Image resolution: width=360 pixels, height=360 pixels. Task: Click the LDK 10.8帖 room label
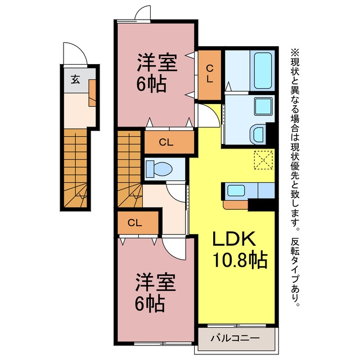point(240,249)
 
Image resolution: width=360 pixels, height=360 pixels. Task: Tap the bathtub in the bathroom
point(263,70)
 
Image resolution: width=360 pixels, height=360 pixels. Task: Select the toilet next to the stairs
point(159,169)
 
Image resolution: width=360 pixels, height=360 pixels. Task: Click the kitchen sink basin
point(236,191)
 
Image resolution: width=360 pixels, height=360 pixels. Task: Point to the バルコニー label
point(235,338)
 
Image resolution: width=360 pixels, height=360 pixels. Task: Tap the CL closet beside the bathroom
point(209,74)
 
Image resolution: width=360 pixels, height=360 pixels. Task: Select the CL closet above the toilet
point(169,142)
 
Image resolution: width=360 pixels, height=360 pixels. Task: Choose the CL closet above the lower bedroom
point(138,223)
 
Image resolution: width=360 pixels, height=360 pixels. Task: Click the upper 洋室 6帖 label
point(157,73)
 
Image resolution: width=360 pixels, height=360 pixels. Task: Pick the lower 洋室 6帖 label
point(155,292)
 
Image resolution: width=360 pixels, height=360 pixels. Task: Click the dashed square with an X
point(263,160)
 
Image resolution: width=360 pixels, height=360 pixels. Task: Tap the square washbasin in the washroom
point(264,106)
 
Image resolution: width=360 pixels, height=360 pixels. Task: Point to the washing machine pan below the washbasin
point(258,134)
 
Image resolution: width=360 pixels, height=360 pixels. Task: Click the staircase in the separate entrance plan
point(75,168)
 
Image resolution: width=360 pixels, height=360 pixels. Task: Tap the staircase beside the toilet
point(130,169)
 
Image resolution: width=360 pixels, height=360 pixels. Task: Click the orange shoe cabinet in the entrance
point(92,93)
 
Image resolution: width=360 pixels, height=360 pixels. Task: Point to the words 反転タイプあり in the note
point(295,272)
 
